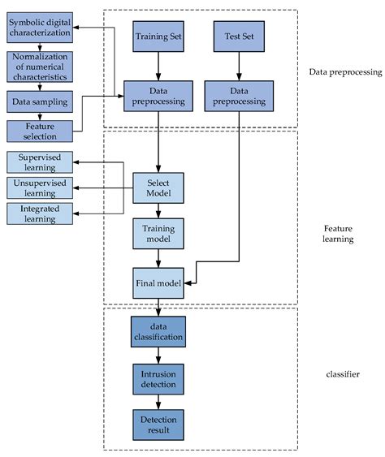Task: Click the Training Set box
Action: [x=158, y=38]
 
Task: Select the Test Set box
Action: [x=237, y=38]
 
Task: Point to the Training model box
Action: [x=158, y=235]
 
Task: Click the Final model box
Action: [x=158, y=282]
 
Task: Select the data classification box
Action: [x=158, y=330]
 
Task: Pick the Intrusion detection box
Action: [x=158, y=377]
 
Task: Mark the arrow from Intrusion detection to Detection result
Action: [x=158, y=400]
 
